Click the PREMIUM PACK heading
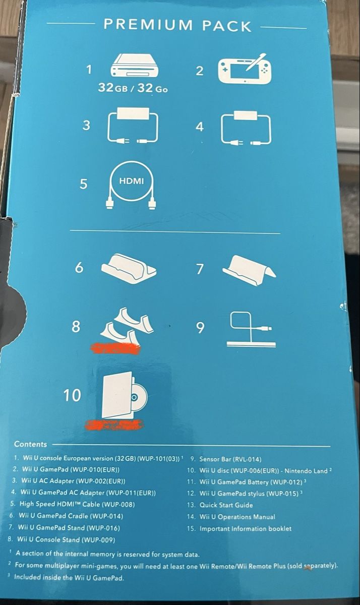177,26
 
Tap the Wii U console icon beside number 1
135,66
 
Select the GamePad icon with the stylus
245,69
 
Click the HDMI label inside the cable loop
132,181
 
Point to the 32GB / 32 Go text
133,88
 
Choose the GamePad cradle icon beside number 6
129,267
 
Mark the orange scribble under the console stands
116,348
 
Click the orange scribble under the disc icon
114,425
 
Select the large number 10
72,395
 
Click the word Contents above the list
31,444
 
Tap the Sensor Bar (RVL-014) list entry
226,459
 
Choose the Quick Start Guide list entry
220,505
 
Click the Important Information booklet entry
239,528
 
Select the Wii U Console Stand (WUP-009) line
62,539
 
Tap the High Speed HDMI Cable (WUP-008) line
73,504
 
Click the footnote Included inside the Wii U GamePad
67,577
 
